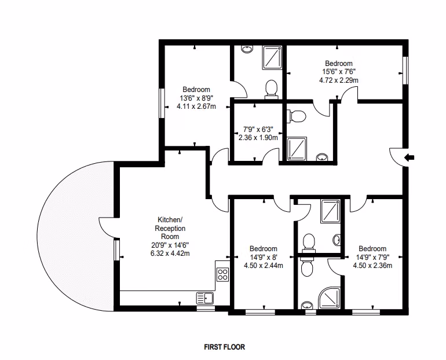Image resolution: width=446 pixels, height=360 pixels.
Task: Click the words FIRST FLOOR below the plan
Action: tap(224, 347)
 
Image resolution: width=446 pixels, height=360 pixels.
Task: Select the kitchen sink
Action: tap(205, 298)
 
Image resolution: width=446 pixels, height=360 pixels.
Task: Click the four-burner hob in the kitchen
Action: tap(222, 274)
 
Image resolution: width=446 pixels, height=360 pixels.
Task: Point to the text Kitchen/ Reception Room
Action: tap(170, 228)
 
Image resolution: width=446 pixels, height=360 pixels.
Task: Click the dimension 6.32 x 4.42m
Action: tap(170, 253)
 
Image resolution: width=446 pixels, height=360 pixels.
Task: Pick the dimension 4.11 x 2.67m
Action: tap(196, 106)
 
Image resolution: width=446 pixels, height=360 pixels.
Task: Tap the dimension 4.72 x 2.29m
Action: tap(338, 80)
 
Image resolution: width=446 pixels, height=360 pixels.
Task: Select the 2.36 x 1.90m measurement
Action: tap(258, 138)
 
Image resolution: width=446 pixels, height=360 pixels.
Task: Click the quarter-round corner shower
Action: tap(330, 298)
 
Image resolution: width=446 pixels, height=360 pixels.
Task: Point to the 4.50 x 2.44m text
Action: tap(263, 266)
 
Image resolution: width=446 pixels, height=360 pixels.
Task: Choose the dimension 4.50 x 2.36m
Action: tap(372, 266)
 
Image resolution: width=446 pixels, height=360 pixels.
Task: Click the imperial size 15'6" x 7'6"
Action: tap(338, 71)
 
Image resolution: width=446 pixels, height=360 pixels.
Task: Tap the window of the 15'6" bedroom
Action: tap(405, 70)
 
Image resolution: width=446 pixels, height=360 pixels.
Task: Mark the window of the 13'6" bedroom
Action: tap(162, 103)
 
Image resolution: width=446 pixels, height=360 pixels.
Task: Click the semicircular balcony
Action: tap(76, 236)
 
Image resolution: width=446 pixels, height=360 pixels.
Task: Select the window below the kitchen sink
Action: tap(206, 308)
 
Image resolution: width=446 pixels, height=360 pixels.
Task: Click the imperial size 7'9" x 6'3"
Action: tap(258, 129)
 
